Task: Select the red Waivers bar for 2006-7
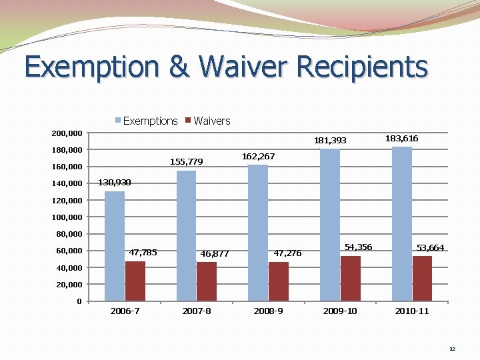(x=135, y=281)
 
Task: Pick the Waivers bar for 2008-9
(x=279, y=281)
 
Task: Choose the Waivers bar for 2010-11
(x=422, y=278)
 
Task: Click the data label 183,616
(x=402, y=138)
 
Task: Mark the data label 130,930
(x=115, y=182)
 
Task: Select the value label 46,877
(x=215, y=253)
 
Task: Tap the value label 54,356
(x=358, y=247)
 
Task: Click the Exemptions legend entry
(x=146, y=121)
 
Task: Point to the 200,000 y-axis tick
(x=67, y=133)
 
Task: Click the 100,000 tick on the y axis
(x=67, y=217)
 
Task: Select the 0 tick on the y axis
(x=79, y=301)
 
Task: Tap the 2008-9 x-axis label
(x=268, y=311)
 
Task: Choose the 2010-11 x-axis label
(x=411, y=311)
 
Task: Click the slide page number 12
(x=452, y=349)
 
